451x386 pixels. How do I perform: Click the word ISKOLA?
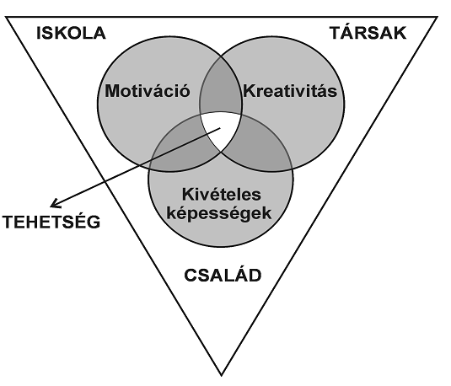click(71, 33)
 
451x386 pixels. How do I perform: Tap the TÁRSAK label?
click(368, 31)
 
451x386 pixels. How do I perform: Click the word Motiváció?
click(148, 91)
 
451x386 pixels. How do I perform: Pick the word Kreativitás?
click(290, 91)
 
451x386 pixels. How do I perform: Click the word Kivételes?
click(222, 195)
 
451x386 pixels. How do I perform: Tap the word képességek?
click(219, 214)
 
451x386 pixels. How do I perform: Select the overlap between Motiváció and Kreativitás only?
click(221, 86)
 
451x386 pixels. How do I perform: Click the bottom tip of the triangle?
click(221, 375)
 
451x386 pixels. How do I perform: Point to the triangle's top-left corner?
click(6, 17)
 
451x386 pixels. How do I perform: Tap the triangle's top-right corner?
click(438, 17)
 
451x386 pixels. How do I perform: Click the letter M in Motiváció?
click(112, 91)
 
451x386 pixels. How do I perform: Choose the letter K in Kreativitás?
click(250, 91)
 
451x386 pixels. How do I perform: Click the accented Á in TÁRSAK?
click(349, 31)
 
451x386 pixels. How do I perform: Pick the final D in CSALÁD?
click(255, 276)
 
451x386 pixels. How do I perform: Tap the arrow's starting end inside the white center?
click(220, 128)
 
